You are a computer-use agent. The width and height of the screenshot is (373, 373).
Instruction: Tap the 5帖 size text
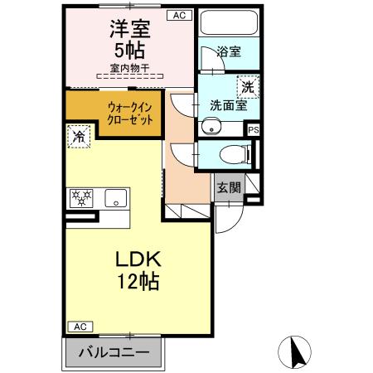click(128, 51)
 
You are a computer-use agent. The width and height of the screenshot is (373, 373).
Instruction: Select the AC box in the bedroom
click(178, 15)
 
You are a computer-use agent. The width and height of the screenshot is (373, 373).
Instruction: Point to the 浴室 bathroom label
click(229, 51)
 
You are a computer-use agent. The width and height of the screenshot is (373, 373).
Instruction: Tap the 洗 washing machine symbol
click(247, 85)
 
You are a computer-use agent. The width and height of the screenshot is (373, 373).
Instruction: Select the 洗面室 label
click(228, 106)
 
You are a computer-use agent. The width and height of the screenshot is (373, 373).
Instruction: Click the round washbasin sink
click(211, 128)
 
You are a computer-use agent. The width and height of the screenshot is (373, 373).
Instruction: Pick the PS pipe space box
click(254, 129)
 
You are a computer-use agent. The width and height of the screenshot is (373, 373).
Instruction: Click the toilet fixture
click(235, 153)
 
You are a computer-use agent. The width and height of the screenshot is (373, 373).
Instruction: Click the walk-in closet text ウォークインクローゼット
click(130, 112)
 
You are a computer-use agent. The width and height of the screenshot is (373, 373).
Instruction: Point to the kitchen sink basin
click(115, 197)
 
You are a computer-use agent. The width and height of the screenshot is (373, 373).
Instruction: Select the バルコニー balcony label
click(114, 352)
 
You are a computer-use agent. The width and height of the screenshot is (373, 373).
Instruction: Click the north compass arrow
click(295, 352)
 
